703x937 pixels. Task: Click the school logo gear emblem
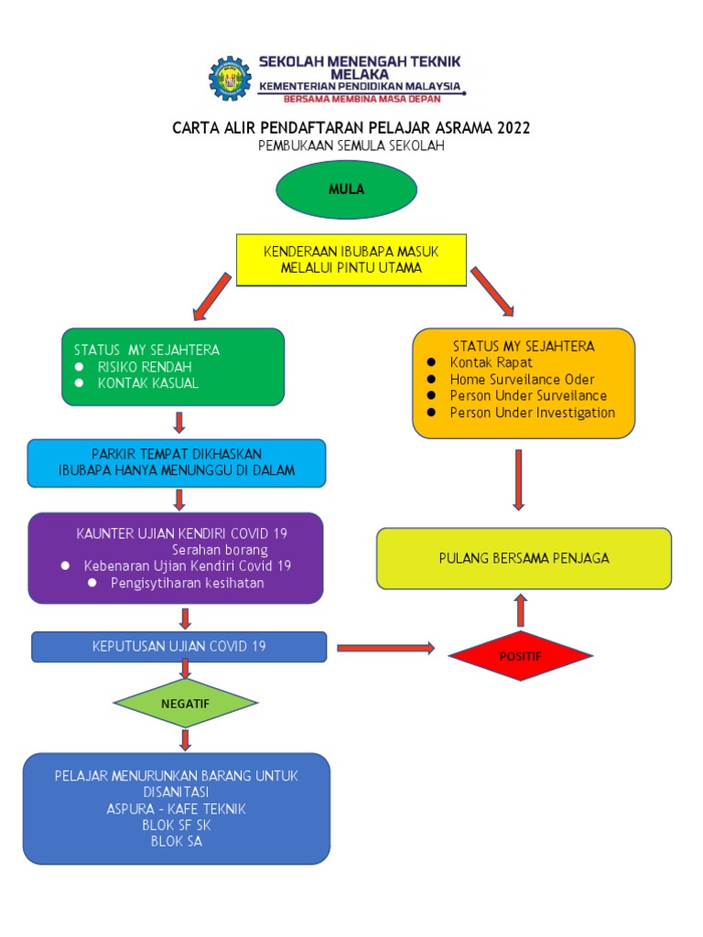tap(228, 79)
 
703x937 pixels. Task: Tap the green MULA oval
tap(347, 189)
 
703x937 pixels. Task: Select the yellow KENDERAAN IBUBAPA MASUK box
tap(351, 259)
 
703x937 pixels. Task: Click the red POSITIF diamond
tap(520, 655)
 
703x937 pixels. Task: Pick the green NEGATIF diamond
tap(186, 703)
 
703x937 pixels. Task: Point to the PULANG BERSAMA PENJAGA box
tap(524, 557)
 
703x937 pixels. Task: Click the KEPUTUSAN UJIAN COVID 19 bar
tap(179, 646)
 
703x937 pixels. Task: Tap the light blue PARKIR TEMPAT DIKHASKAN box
tap(177, 462)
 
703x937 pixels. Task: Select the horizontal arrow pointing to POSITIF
tap(385, 648)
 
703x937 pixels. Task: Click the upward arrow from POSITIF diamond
tap(520, 609)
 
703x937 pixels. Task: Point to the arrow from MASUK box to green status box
tap(211, 296)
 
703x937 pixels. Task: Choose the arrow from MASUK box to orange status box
tap(492, 291)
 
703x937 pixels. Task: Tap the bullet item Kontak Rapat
tap(491, 362)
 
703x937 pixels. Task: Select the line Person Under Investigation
tap(532, 413)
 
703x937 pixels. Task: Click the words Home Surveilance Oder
tap(522, 379)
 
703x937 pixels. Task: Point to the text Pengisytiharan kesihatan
tap(187, 583)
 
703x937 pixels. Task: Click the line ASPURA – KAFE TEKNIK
tap(176, 809)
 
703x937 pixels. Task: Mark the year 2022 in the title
tap(514, 128)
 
